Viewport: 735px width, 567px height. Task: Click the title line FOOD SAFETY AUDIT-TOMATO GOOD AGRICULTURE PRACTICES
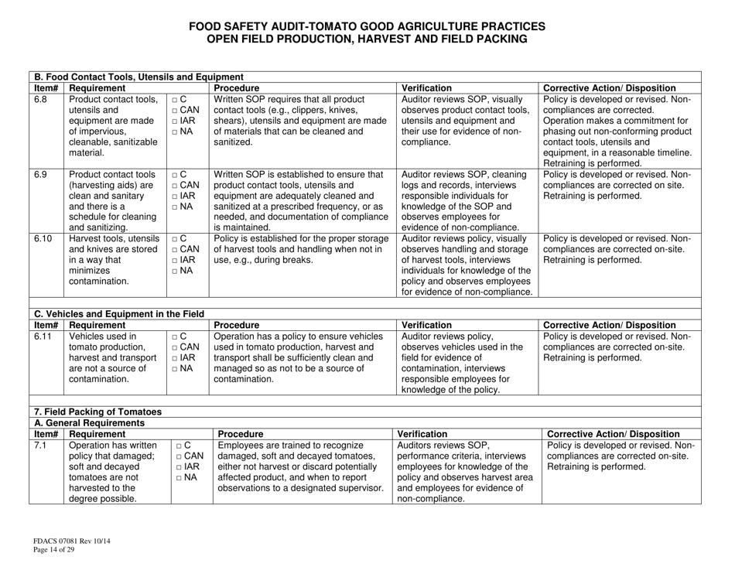point(367,26)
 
